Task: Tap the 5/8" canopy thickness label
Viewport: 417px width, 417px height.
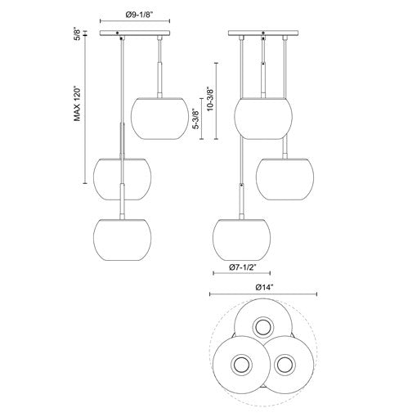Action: click(x=78, y=35)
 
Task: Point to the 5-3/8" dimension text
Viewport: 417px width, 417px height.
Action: click(x=195, y=119)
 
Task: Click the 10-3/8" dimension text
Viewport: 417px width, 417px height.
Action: click(x=209, y=99)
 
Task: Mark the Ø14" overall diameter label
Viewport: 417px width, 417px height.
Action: click(x=263, y=287)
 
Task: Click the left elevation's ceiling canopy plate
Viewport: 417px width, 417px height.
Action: click(x=135, y=33)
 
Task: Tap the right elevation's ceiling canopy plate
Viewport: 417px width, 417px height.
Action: click(x=263, y=33)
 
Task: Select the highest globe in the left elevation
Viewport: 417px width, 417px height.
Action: click(x=159, y=119)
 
